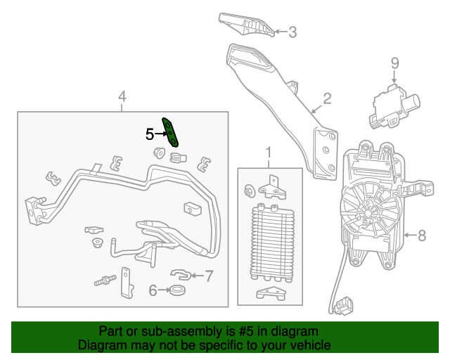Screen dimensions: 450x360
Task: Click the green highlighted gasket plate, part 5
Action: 170,132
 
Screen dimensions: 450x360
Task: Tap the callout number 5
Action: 150,134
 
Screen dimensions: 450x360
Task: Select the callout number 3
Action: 292,32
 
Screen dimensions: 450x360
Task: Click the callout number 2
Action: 327,98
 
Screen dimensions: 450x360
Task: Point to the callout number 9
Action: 395,63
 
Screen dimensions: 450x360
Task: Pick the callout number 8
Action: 422,236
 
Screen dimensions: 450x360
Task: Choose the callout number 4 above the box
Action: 122,96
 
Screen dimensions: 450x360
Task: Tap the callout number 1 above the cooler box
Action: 269,153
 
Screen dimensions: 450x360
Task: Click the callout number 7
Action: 209,276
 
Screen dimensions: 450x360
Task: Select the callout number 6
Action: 153,290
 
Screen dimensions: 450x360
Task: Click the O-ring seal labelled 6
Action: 177,290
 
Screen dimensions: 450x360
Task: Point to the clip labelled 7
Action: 181,275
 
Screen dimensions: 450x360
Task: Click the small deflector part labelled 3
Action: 247,25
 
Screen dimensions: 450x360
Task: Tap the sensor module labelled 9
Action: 394,106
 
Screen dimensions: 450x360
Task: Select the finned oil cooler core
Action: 273,243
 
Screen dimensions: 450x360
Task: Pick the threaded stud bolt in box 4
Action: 105,280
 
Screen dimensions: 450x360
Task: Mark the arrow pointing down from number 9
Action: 394,77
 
